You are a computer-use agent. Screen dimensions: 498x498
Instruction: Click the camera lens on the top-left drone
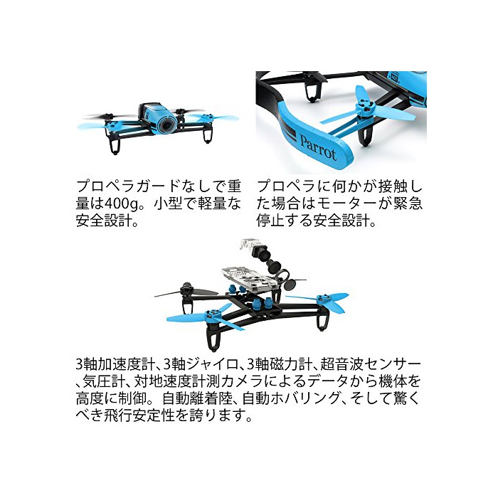click(x=166, y=124)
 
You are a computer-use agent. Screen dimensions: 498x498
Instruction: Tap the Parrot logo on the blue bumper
click(x=318, y=148)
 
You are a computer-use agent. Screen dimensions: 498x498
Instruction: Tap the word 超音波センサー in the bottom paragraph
click(x=371, y=364)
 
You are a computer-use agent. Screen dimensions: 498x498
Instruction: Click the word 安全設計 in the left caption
click(x=104, y=221)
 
